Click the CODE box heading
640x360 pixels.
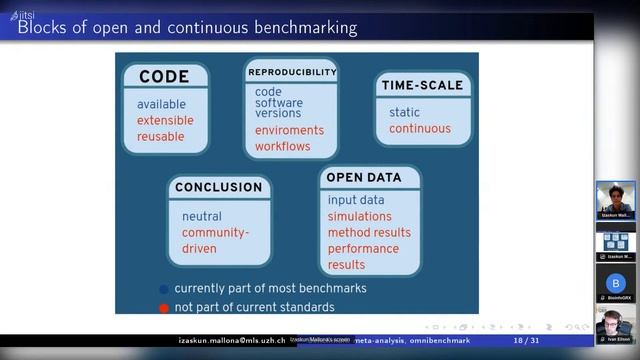click(164, 77)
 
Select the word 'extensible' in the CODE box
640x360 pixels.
click(165, 121)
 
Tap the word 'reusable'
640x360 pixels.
click(161, 137)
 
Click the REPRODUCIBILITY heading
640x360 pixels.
click(291, 72)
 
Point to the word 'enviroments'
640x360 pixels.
click(289, 130)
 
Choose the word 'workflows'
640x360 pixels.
click(282, 146)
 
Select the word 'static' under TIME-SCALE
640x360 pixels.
click(404, 112)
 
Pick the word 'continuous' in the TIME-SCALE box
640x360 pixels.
click(419, 128)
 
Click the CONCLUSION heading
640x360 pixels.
click(218, 187)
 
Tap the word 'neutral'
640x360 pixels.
click(202, 216)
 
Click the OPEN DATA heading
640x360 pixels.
click(364, 177)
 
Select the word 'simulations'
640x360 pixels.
click(360, 216)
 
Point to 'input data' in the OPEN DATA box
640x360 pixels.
click(355, 200)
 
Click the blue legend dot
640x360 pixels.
click(164, 290)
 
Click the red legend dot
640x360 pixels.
click(164, 307)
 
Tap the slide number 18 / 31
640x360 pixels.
click(526, 341)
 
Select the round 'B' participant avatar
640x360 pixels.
click(615, 283)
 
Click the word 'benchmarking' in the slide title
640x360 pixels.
click(296, 28)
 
